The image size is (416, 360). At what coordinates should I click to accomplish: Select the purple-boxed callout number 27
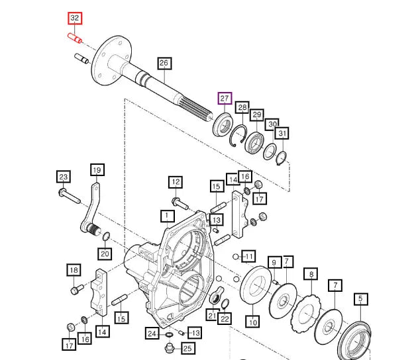tap(225, 99)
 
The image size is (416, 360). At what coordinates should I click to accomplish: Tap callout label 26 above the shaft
tap(164, 64)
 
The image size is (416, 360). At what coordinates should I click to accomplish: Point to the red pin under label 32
tap(75, 39)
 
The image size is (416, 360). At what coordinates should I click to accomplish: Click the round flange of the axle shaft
tap(105, 60)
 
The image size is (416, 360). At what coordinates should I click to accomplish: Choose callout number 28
tap(242, 108)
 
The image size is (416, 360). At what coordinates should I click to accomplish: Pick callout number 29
tap(257, 116)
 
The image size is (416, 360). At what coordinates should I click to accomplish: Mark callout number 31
tap(283, 134)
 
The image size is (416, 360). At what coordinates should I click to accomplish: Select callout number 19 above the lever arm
tap(97, 170)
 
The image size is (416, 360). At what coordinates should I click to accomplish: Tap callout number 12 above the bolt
tap(175, 181)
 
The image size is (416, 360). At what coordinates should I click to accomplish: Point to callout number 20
tap(105, 253)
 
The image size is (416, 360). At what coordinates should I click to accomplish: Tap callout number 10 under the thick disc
tap(252, 322)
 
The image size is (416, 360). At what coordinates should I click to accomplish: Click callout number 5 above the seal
tap(361, 299)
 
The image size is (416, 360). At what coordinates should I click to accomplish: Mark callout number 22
tap(226, 319)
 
